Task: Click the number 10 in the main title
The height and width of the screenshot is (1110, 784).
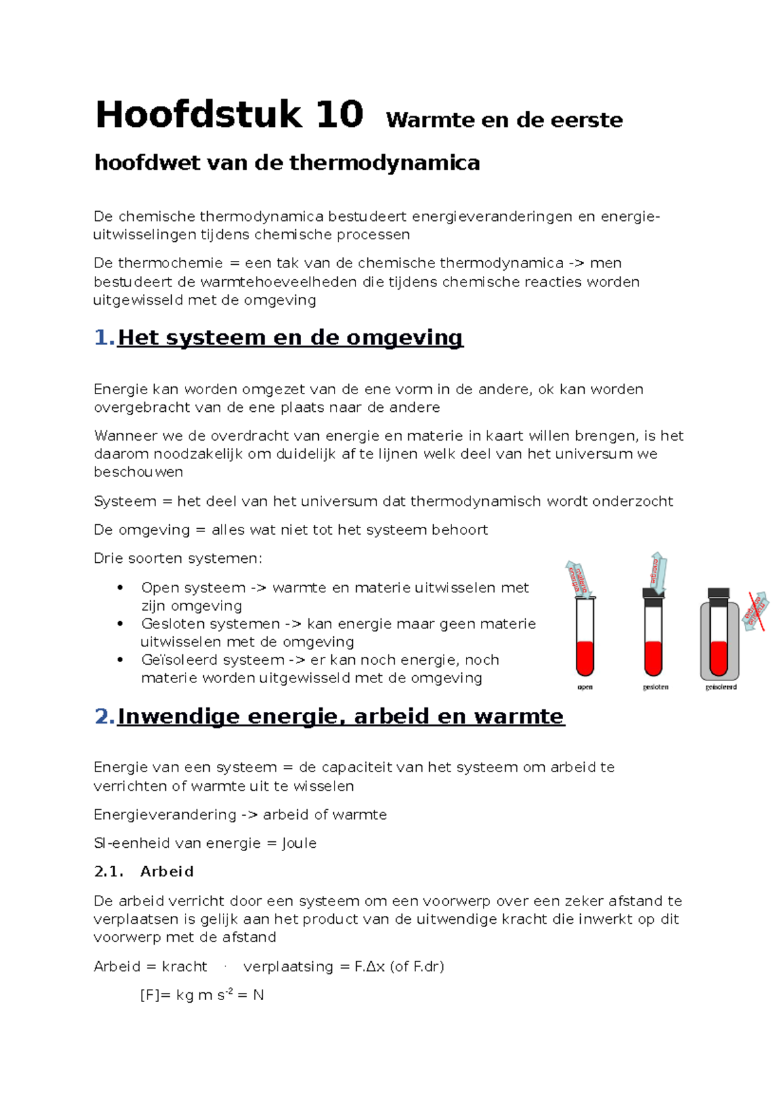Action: click(338, 115)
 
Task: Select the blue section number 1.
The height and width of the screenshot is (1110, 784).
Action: click(104, 338)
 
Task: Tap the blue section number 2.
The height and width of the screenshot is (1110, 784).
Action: click(105, 716)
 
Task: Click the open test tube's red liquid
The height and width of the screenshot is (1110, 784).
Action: click(585, 657)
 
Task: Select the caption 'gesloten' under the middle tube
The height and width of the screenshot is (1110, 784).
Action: click(655, 687)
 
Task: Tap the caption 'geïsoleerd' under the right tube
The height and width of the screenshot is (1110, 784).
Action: click(721, 687)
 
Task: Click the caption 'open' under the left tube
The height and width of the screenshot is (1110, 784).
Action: click(585, 687)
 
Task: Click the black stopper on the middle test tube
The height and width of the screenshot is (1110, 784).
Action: click(653, 594)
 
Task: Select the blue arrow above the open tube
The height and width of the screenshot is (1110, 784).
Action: click(579, 579)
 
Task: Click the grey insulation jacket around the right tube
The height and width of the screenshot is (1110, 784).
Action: click(704, 641)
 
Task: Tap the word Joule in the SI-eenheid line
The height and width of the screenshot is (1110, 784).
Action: click(299, 843)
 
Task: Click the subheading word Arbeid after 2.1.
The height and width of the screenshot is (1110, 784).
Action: click(167, 872)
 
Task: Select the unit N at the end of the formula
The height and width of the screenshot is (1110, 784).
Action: click(258, 996)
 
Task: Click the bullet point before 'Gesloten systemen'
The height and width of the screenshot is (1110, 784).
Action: click(120, 624)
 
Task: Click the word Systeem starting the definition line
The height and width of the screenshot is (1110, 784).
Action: click(125, 501)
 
